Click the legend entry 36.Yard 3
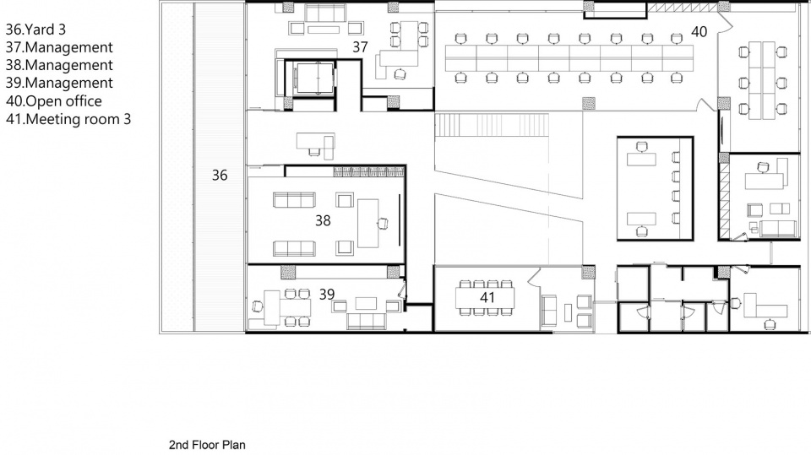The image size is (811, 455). [35, 30]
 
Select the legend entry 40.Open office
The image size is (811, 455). [54, 100]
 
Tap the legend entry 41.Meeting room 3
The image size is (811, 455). [68, 119]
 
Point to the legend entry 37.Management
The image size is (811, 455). [59, 47]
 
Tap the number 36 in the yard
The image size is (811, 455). [220, 176]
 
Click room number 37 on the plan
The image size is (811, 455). [360, 47]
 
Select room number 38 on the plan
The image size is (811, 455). [323, 221]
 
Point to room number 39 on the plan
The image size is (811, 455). [326, 295]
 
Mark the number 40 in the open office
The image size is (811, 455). [699, 32]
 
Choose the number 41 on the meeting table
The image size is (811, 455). [487, 297]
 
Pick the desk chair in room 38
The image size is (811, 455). [382, 224]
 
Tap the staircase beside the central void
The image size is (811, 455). [492, 125]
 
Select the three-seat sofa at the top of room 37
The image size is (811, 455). [325, 13]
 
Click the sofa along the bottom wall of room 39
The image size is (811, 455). [367, 321]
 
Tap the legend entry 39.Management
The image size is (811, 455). [59, 83]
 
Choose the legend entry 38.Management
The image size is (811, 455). [59, 65]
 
